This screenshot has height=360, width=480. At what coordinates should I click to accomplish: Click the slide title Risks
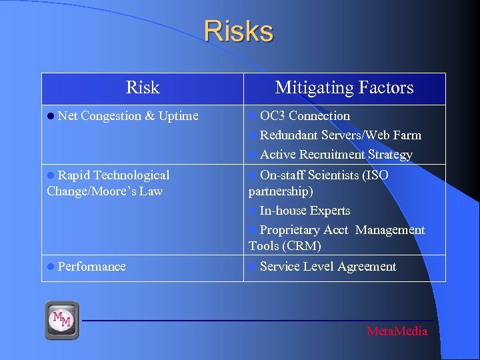238,31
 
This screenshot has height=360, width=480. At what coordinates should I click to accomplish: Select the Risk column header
143,87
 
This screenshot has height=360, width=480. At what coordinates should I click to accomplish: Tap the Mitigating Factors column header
344,87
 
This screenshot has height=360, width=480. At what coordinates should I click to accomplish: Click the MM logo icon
62,320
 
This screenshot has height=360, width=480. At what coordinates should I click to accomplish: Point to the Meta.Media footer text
397,331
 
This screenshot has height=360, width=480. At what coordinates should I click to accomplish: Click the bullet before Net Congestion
51,116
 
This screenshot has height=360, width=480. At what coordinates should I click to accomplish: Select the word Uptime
178,116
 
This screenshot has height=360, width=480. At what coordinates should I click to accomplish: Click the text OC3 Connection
305,116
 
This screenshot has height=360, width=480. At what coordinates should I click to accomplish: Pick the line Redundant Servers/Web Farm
340,135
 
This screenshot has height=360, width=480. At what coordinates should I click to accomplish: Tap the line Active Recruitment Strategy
336,155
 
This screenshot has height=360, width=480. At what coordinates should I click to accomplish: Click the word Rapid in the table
74,175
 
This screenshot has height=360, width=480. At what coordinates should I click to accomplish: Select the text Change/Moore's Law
105,191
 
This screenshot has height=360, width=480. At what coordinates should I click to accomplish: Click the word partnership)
281,191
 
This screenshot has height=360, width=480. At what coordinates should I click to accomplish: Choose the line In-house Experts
305,211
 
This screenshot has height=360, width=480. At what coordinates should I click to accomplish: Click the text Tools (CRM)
285,246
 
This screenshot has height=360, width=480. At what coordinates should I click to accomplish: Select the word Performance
91,267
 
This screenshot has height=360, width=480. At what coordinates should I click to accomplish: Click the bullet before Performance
51,267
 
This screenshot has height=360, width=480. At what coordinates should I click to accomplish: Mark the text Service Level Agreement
328,267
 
